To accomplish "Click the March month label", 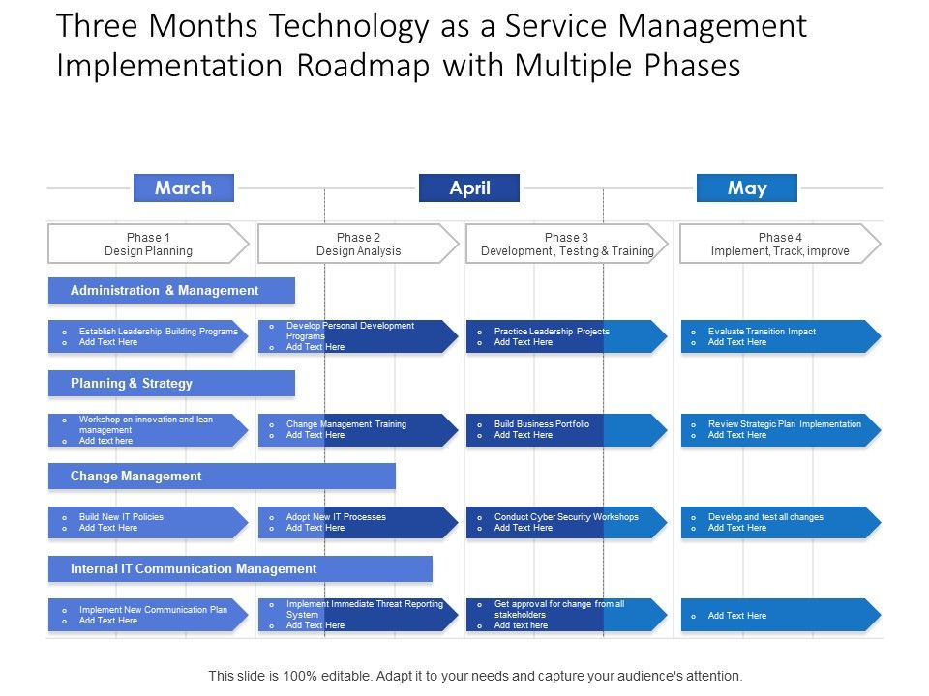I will point(184,188).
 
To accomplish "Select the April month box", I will point(469,188).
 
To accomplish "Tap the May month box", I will point(747,188).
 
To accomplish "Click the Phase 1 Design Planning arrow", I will point(148,244).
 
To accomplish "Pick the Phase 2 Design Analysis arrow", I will point(358,244).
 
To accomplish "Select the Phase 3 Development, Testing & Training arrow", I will point(567,244).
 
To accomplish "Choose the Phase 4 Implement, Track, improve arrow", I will point(780,244).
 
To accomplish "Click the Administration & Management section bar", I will point(171,290).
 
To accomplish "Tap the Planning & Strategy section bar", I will point(171,383).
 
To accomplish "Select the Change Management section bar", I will point(222,476).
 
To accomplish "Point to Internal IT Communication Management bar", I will point(240,568).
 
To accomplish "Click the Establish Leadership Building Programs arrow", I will point(148,336).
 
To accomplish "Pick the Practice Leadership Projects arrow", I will point(567,336).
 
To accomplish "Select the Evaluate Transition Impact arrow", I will point(780,336).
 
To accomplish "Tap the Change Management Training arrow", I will point(358,429).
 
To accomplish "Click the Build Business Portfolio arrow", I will point(567,429).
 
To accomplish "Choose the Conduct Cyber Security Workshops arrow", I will point(567,522).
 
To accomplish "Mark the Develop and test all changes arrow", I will point(780,522).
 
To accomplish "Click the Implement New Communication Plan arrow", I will point(148,615).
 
